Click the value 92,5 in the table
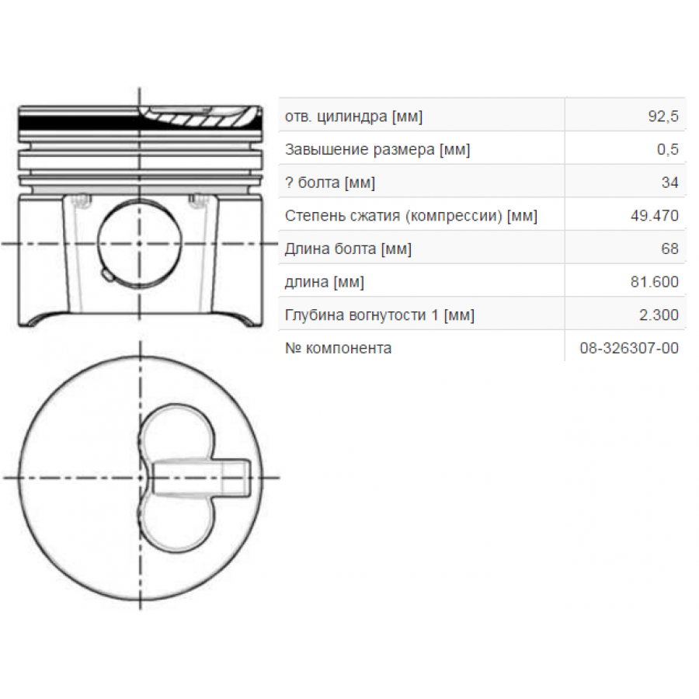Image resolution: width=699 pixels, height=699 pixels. click(x=663, y=116)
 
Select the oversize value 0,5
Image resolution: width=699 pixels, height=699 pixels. click(x=667, y=149)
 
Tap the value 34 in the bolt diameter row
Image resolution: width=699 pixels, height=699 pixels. click(x=669, y=183)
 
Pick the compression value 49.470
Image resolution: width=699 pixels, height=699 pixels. click(x=655, y=216)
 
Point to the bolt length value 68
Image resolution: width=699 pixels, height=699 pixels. click(x=669, y=249)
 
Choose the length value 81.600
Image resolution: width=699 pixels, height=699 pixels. click(x=655, y=282)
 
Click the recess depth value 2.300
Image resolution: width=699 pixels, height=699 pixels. click(x=659, y=315)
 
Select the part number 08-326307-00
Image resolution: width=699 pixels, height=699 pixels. click(x=629, y=348)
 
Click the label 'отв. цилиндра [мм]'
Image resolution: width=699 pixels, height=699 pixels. click(x=353, y=116)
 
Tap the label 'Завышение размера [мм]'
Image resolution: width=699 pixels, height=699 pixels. click(x=377, y=150)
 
